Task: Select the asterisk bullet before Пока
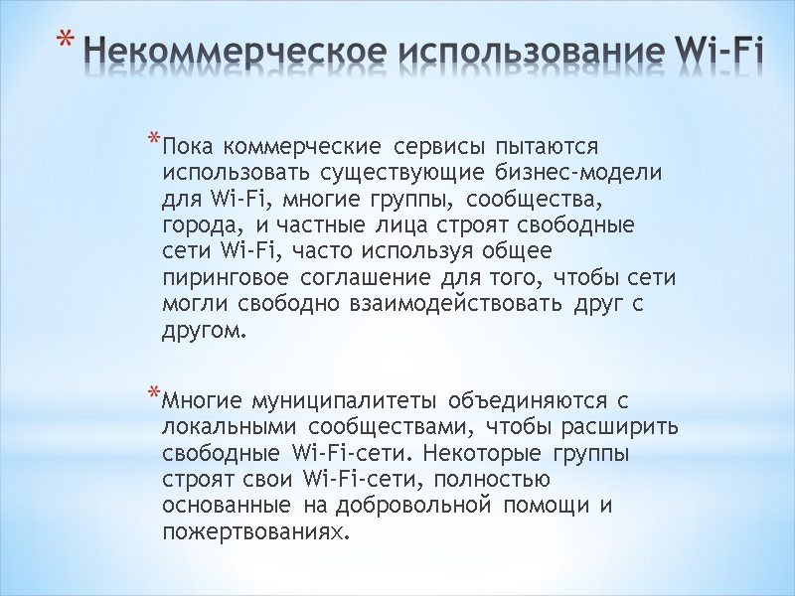click(x=154, y=137)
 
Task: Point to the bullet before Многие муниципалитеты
click(x=154, y=395)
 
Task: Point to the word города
click(x=197, y=224)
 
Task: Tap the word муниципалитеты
click(x=341, y=404)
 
